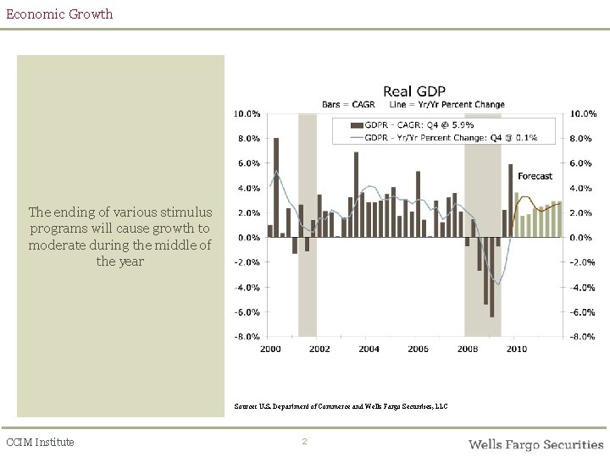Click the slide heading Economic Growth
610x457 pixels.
click(x=58, y=14)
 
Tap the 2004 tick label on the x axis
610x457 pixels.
click(x=369, y=349)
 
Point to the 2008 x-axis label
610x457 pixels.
click(x=467, y=349)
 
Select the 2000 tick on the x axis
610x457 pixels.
click(x=270, y=349)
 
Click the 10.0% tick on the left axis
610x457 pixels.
click(x=247, y=113)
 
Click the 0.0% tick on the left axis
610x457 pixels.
click(x=248, y=238)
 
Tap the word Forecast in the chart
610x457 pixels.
click(x=535, y=176)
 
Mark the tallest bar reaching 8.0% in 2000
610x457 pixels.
click(x=276, y=187)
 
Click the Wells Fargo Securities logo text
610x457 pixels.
click(x=535, y=443)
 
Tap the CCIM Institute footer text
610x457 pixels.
click(x=40, y=442)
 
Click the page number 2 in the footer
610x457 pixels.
click(x=305, y=442)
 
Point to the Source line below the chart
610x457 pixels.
click(x=341, y=407)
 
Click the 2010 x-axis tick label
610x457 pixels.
click(x=516, y=349)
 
